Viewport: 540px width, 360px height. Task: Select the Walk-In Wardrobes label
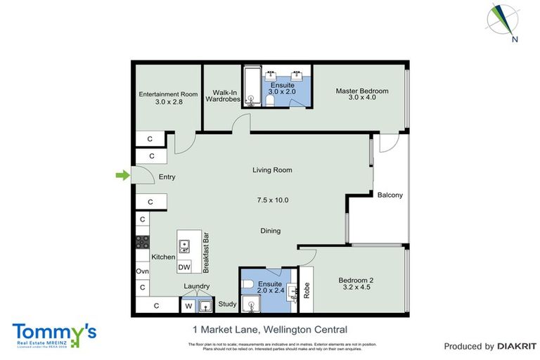(x=223, y=96)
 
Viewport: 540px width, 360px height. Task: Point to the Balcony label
(x=390, y=195)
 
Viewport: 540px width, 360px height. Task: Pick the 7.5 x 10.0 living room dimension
(x=272, y=200)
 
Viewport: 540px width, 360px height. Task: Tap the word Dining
(x=271, y=231)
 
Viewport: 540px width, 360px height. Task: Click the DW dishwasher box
(x=184, y=267)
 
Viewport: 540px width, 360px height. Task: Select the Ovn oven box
(x=142, y=271)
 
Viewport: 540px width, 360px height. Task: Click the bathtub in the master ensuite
(x=252, y=86)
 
